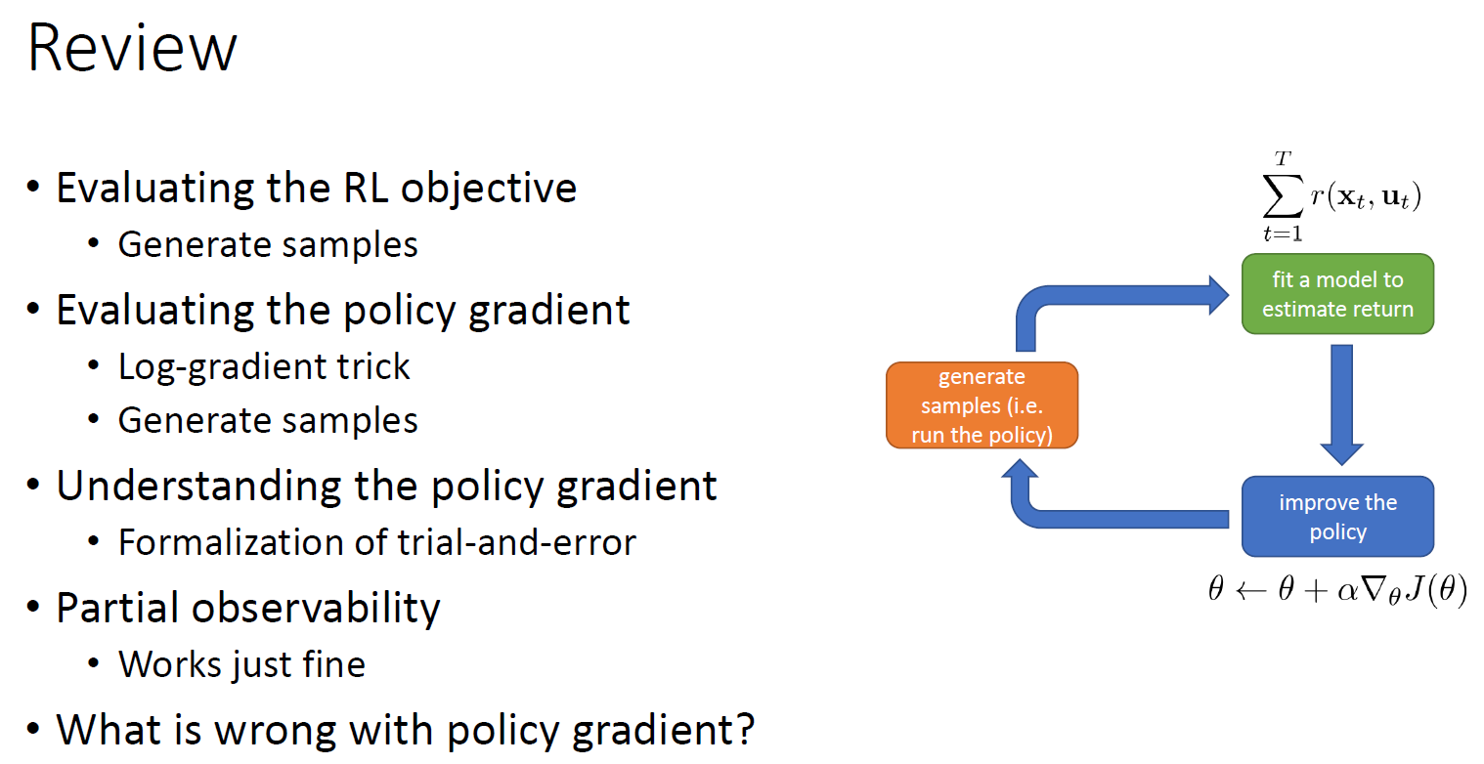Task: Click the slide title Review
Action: [132, 49]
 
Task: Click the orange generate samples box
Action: [982, 405]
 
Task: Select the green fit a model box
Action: [1336, 294]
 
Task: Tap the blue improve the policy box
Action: [1336, 517]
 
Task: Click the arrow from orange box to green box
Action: [1114, 298]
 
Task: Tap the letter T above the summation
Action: [1281, 159]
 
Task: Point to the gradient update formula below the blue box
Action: [1336, 591]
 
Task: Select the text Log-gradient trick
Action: [264, 366]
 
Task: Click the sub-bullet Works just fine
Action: [241, 664]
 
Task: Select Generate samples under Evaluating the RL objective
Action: [268, 244]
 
